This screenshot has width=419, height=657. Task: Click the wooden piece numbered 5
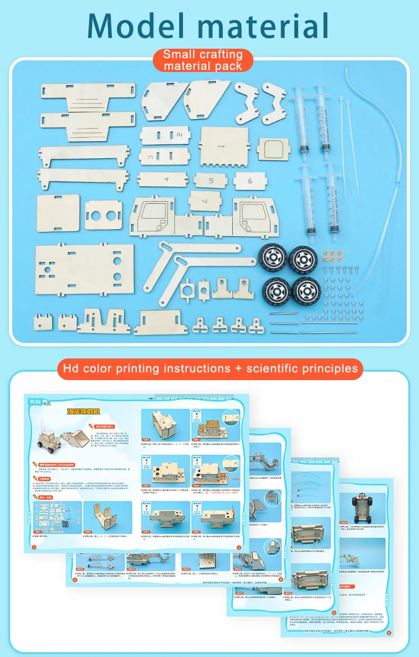(x=211, y=181)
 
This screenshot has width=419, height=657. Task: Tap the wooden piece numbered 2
(x=164, y=135)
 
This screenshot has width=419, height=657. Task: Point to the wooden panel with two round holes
(x=103, y=215)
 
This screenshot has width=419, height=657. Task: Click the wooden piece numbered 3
(x=164, y=157)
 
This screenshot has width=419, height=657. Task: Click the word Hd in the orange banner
(x=71, y=368)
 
